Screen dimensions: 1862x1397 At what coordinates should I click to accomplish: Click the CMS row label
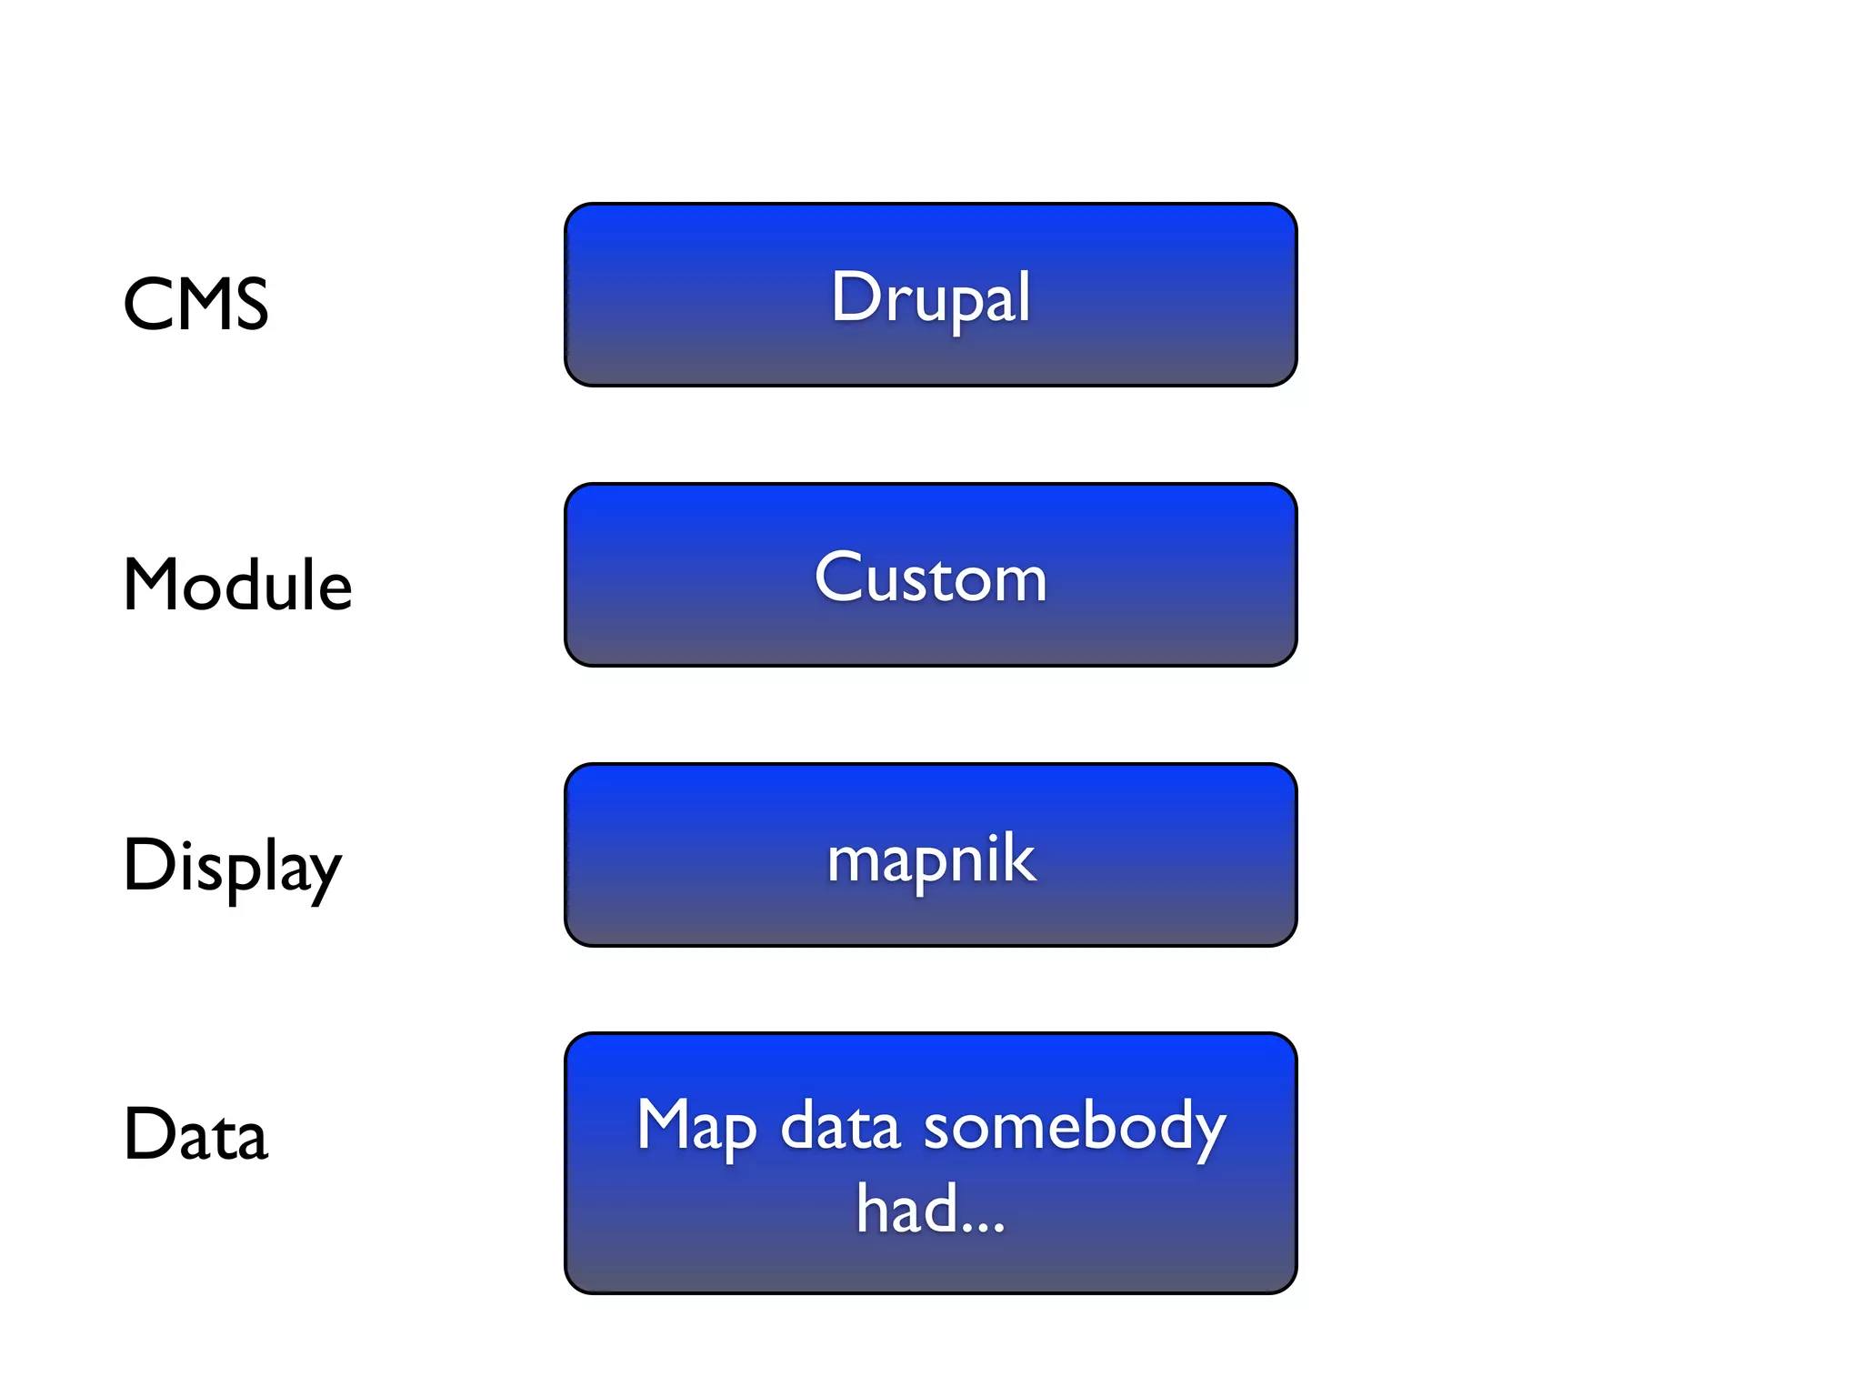pyautogui.click(x=195, y=304)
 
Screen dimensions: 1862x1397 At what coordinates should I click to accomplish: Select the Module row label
pyautogui.click(x=237, y=584)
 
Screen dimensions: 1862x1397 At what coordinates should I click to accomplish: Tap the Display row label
pyautogui.click(x=232, y=866)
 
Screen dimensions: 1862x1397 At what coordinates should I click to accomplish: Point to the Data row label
pyautogui.click(x=195, y=1134)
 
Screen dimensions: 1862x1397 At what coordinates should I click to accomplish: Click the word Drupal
pyautogui.click(x=930, y=297)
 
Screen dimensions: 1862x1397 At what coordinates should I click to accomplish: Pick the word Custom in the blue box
pyautogui.click(x=930, y=578)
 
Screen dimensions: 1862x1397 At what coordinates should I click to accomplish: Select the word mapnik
pyautogui.click(x=930, y=859)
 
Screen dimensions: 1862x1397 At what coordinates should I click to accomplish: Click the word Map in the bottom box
pyautogui.click(x=696, y=1128)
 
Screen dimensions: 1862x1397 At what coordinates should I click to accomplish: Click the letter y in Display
pyautogui.click(x=324, y=873)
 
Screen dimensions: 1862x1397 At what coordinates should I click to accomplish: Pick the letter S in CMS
pyautogui.click(x=249, y=304)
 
